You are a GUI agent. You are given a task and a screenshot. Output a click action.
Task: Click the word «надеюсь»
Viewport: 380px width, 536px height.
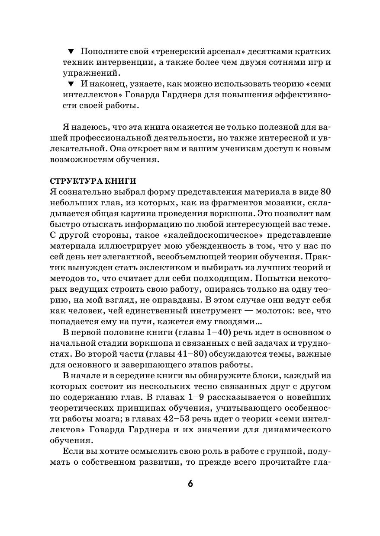[x=89, y=128]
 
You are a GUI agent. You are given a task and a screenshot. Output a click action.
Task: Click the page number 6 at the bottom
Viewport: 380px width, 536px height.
[x=190, y=483]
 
